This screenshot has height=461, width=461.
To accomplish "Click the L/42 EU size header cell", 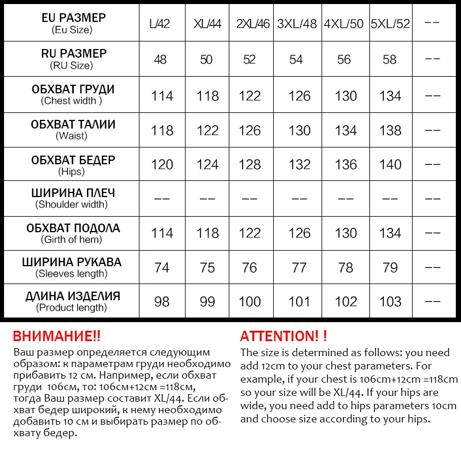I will coord(160,24).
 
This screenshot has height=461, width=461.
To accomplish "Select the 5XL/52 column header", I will coord(390,24).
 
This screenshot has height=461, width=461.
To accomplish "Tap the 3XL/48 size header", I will coord(298,24).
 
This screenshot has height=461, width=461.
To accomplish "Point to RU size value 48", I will coord(161,60).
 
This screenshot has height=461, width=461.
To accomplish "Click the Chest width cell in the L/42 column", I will coord(162,96).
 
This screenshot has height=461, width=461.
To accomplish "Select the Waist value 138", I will coord(390,131).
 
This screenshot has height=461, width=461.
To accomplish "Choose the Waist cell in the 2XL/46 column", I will coord(250,131).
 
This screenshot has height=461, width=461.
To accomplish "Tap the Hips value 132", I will coord(299,165).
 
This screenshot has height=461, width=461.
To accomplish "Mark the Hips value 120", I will coord(162,165).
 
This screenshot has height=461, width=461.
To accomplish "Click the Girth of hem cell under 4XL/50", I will coord(346,233).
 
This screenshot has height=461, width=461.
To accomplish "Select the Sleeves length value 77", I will coord(299,268).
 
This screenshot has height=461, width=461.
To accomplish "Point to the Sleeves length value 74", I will coord(162,268).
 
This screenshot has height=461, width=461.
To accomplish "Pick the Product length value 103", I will coord(390,302).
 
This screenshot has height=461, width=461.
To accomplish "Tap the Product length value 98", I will coord(162,302).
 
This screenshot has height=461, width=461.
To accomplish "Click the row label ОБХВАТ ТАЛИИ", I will coord(73,124).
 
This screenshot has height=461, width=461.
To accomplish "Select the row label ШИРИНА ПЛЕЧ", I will coord(73,193).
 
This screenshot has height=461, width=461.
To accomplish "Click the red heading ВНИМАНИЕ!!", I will coord(56,337).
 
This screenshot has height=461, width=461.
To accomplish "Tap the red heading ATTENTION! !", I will coord(284,337).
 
